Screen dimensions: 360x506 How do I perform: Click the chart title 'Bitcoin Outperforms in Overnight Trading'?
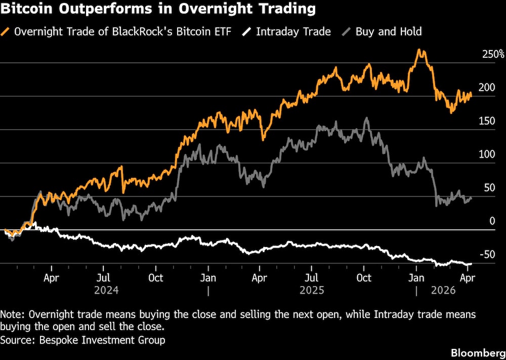158,9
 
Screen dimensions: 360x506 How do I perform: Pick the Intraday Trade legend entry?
293,31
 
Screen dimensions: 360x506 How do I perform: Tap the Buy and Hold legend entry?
388,31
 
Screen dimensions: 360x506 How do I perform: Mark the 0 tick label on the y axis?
492,221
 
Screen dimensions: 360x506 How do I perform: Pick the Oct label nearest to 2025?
363,278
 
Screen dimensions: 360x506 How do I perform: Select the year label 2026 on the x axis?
443,291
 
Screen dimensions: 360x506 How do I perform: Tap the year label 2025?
312,291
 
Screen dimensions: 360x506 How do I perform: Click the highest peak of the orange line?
419,50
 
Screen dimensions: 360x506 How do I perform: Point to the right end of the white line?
471,263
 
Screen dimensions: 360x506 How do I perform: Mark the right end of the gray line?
471,198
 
